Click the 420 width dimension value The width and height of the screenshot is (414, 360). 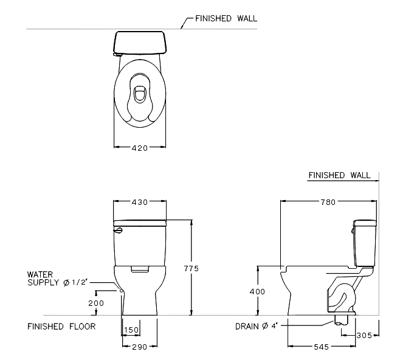pos(140,147)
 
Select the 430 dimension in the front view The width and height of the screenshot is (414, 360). pos(140,202)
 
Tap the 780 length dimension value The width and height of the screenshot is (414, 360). pos(328,202)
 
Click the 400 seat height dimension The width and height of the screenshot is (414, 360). pos(258,292)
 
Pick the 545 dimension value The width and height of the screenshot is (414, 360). pos(322,347)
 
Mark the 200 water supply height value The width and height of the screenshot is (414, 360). pos(96,303)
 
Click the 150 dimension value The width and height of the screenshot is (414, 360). pos(131,330)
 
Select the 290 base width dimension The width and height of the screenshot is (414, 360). pos(140,347)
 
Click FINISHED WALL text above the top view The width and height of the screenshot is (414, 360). pos(221,19)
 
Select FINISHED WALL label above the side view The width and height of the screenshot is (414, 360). pos(339,175)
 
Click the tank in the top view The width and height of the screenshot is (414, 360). pos(140,42)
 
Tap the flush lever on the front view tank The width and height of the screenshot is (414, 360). pos(118,230)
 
